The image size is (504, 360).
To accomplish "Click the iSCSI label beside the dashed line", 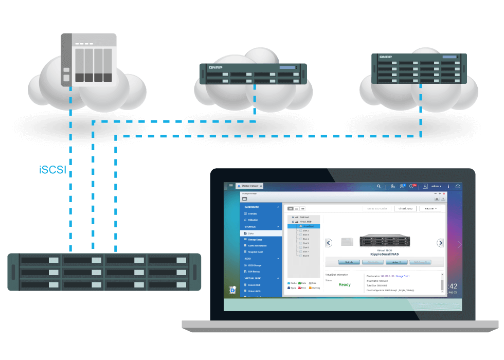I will click(52, 170).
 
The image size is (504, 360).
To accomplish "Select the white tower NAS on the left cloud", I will click(88, 59).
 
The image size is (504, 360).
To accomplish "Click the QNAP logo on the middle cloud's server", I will click(215, 67).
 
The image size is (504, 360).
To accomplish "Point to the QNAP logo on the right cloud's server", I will click(385, 57).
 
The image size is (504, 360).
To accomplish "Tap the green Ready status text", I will click(345, 284).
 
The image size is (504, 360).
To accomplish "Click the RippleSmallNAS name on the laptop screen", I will click(385, 254).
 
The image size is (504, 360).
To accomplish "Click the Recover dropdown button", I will click(430, 208).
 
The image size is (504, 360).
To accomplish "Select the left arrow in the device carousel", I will click(329, 243).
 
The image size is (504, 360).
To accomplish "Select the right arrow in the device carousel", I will click(440, 243).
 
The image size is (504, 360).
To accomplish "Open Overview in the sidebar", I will click(253, 213).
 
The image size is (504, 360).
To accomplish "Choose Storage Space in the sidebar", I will click(256, 240).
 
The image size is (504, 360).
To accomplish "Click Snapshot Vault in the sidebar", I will click(256, 252).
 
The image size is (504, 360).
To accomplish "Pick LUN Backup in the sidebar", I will click(255, 271).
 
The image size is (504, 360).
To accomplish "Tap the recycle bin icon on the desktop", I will click(232, 291).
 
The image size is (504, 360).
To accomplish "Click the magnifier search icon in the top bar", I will click(379, 186).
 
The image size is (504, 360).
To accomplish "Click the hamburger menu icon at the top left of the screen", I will click(231, 186).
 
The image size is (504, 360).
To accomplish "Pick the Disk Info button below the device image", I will click(349, 262).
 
